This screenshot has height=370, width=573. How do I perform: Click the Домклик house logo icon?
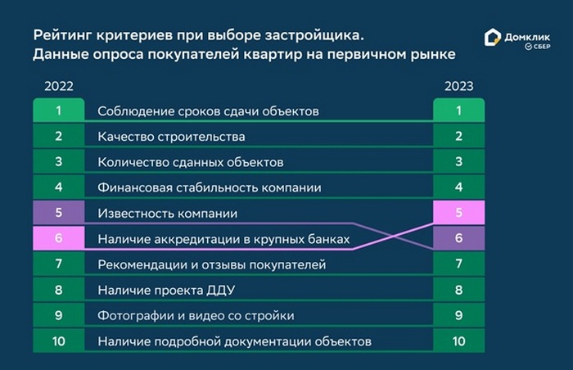pyautogui.click(x=492, y=38)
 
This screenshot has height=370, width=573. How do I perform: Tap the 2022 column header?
pyautogui.click(x=59, y=86)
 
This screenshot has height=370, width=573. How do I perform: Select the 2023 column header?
pyautogui.click(x=459, y=86)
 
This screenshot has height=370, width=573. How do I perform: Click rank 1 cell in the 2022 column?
pyautogui.click(x=59, y=110)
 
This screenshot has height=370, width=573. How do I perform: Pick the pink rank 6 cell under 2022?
pyautogui.click(x=59, y=238)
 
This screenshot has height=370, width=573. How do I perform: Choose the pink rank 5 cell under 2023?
pyautogui.click(x=459, y=212)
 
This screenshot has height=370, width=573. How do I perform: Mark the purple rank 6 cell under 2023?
pyautogui.click(x=459, y=238)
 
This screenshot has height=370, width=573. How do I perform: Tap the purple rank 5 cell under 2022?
pyautogui.click(x=59, y=212)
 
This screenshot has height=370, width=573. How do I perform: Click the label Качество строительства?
pyautogui.click(x=171, y=137)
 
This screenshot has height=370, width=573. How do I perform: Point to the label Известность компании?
pyautogui.click(x=167, y=213)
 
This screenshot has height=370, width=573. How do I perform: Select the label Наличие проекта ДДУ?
pyautogui.click(x=166, y=291)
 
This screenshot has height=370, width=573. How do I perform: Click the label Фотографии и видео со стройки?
pyautogui.click(x=196, y=315)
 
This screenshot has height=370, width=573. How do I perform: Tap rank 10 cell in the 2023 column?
pyautogui.click(x=459, y=341)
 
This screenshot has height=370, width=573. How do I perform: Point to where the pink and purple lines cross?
pyautogui.click(x=395, y=236)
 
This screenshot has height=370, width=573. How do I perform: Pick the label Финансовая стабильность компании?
pyautogui.click(x=210, y=187)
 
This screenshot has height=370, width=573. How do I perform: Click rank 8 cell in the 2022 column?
pyautogui.click(x=59, y=290)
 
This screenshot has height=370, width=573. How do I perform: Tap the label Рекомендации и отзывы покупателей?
pyautogui.click(x=211, y=264)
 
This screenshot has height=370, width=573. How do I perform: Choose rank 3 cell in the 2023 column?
pyautogui.click(x=459, y=161)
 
